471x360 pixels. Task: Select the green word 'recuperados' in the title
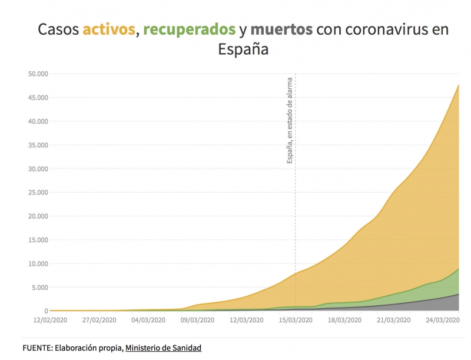[x=187, y=29]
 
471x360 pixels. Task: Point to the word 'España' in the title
[x=243, y=49]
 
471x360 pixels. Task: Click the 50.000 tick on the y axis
[x=37, y=74]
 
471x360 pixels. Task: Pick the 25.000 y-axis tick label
[x=37, y=192]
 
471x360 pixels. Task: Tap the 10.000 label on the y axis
[x=37, y=263]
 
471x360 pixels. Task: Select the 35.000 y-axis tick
[x=37, y=145]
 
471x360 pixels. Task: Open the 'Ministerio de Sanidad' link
[x=163, y=348]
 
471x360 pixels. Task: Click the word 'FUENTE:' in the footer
[x=37, y=348]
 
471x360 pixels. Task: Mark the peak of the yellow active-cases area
[x=458, y=85]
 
